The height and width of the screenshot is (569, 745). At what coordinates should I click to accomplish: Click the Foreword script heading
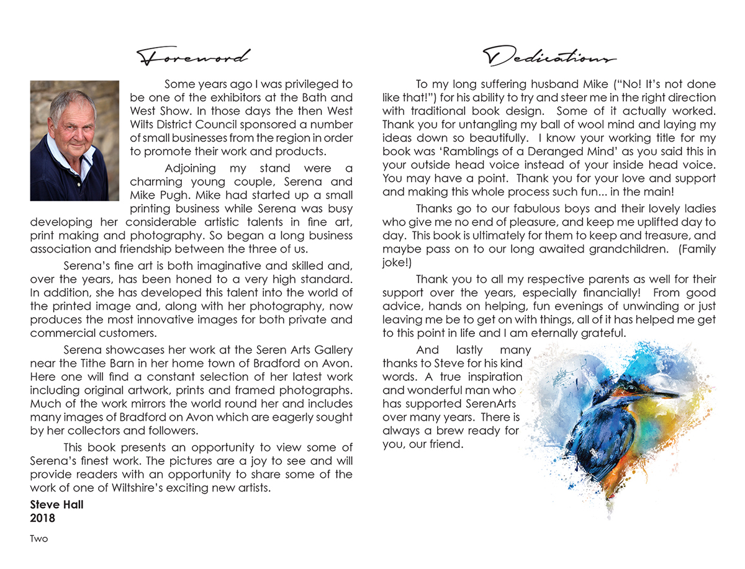point(193,57)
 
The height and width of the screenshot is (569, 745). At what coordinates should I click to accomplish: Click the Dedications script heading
point(549,57)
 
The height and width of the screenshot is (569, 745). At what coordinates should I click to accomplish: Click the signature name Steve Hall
point(56,504)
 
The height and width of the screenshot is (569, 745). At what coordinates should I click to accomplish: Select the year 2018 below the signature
point(43,517)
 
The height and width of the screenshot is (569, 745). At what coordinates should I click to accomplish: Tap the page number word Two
point(39,539)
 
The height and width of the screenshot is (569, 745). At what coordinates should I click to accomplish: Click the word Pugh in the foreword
point(167,195)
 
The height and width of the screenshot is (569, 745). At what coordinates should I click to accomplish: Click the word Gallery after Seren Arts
point(332,351)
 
